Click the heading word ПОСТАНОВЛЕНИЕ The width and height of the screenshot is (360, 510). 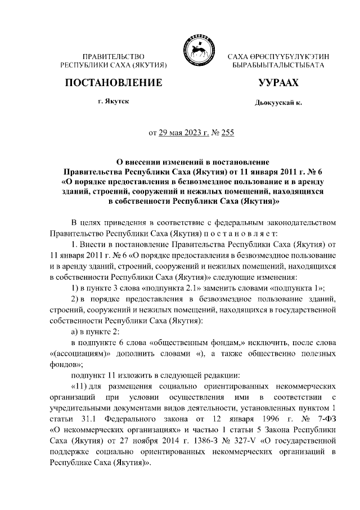114,83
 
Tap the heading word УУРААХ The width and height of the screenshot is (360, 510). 278,83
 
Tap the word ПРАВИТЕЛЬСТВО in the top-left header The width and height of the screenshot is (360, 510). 114,56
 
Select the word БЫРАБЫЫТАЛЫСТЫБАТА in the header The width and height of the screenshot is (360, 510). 278,65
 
